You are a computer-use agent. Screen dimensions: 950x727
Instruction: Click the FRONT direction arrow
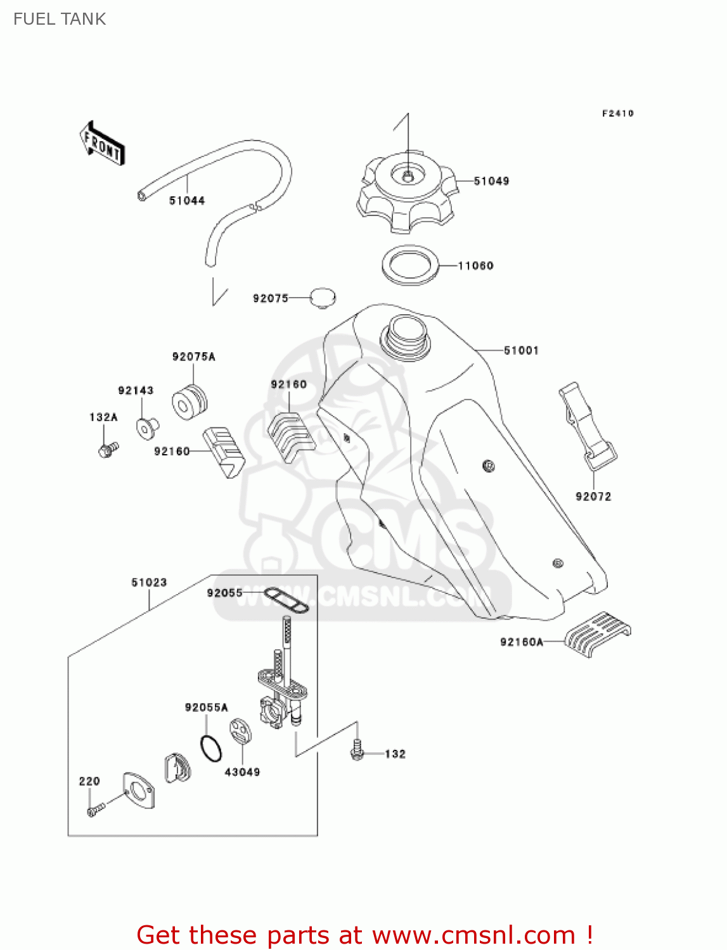(x=102, y=144)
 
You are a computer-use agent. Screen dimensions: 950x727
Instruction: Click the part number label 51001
(x=521, y=350)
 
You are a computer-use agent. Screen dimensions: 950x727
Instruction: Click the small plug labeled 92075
(x=323, y=298)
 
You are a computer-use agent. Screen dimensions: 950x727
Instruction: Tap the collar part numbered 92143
(x=147, y=427)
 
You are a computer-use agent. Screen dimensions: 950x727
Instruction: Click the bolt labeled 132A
(x=108, y=450)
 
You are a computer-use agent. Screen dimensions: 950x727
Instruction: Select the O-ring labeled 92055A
(x=211, y=748)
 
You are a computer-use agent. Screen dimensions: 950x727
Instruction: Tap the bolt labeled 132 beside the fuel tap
(x=357, y=750)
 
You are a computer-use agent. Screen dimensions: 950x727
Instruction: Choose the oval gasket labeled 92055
(x=286, y=599)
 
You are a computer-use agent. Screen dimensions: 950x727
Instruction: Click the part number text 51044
(x=187, y=201)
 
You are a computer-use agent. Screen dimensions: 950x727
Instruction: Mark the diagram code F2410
(x=617, y=113)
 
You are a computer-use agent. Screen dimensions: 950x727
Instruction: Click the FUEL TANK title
(x=60, y=19)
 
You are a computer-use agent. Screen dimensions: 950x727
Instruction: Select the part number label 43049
(x=242, y=772)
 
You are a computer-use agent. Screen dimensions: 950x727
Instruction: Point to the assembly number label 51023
(x=149, y=582)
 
